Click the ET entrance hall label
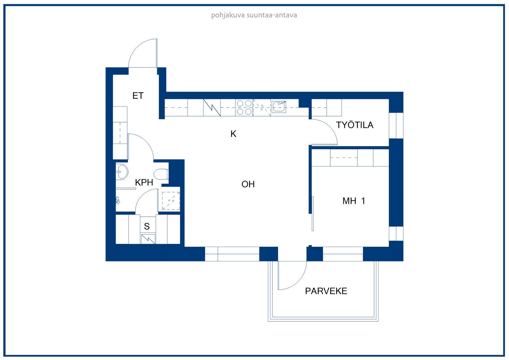138,96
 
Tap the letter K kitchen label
234,134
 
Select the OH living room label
248,184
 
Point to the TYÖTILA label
355,125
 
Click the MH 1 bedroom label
354,201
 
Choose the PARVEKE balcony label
326,291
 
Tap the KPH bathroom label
144,182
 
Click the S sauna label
147,226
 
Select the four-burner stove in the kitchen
244,108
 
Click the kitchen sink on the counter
279,107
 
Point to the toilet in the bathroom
161,174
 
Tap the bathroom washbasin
122,172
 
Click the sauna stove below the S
148,239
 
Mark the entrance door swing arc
143,53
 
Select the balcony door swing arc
292,276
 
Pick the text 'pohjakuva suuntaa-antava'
254,15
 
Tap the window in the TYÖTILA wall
396,125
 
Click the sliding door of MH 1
313,214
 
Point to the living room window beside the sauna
232,254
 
